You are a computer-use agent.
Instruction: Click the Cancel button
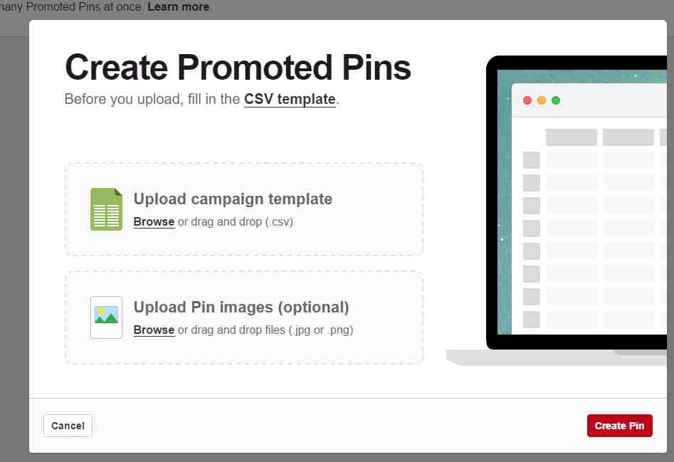tap(68, 426)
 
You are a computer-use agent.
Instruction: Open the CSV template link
tap(290, 99)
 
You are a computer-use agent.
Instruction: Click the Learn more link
tap(179, 7)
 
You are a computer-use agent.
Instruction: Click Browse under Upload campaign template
tap(154, 222)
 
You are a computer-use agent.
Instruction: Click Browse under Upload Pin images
tap(154, 330)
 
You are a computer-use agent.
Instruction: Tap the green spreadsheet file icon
tap(106, 209)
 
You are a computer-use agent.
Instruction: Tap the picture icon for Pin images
tap(106, 317)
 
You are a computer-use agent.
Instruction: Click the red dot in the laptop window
tap(527, 100)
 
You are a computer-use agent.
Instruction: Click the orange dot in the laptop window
tap(542, 100)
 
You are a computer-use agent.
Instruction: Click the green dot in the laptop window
tap(556, 100)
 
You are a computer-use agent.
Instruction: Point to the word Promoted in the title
tap(255, 68)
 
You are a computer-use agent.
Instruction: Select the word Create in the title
tap(117, 68)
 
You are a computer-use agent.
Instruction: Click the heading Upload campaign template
tap(233, 199)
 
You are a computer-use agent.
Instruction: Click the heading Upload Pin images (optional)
tap(241, 308)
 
